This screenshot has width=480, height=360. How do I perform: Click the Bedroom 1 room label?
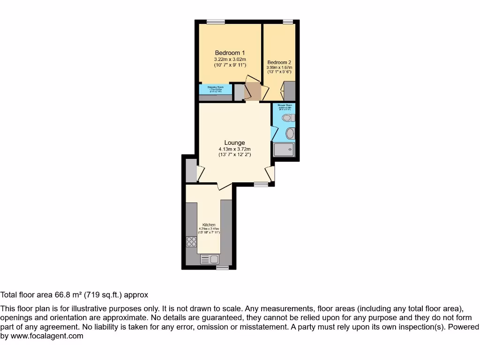click(230, 53)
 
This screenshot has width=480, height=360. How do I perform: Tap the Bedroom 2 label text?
click(279, 62)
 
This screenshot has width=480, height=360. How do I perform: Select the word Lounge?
click(234, 143)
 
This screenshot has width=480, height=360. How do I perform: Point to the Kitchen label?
click(209, 225)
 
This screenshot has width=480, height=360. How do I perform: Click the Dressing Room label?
click(216, 87)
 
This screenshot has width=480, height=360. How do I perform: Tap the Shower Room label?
click(285, 105)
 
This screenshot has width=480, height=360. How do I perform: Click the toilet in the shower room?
click(289, 118)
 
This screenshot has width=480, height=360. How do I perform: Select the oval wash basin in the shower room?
click(290, 134)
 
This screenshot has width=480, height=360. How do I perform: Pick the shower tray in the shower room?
click(284, 150)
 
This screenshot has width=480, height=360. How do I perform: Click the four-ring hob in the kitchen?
click(191, 242)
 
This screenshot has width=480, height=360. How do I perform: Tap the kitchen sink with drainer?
click(210, 259)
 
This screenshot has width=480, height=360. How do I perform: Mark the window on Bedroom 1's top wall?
click(216, 22)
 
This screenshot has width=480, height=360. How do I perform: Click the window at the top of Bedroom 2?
click(288, 22)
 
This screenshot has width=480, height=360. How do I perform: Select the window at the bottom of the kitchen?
click(222, 268)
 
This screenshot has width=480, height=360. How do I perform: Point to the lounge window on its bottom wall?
click(261, 185)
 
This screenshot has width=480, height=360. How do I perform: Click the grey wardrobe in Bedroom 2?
click(289, 91)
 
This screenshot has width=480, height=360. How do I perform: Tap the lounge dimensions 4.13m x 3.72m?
click(234, 150)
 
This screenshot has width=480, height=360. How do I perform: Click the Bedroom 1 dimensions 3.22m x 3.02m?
click(230, 60)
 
